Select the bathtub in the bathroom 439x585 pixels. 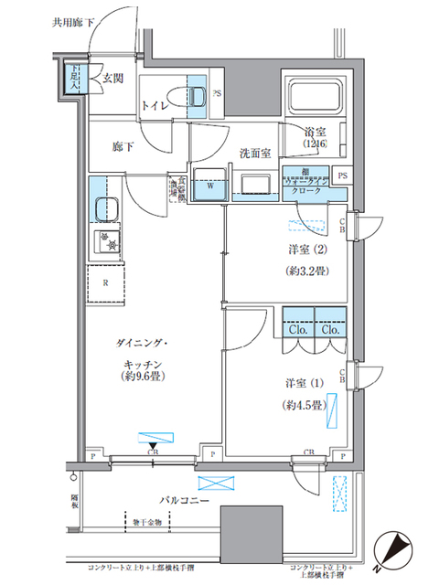[314, 98]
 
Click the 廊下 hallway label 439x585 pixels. [123, 146]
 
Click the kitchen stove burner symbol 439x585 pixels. [108, 242]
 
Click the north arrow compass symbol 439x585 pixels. [396, 548]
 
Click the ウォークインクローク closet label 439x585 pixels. [303, 186]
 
